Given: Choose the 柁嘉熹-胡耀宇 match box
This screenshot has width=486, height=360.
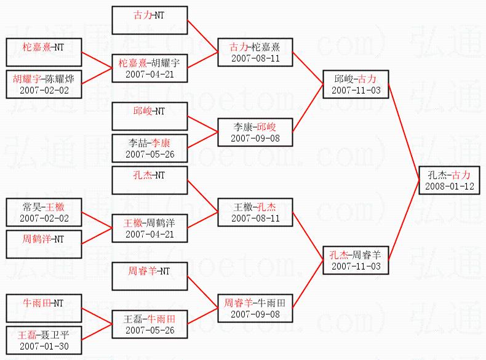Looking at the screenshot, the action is pyautogui.click(x=149, y=68).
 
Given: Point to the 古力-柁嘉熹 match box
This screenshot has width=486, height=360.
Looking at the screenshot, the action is pyautogui.click(x=255, y=52).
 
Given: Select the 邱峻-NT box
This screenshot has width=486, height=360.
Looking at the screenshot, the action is pyautogui.click(x=149, y=116).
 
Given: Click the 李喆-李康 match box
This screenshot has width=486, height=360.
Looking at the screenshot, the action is pyautogui.click(x=149, y=148).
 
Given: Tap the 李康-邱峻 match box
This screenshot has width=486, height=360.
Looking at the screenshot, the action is pyautogui.click(x=255, y=132).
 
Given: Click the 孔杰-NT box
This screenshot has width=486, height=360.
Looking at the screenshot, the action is pyautogui.click(x=149, y=180).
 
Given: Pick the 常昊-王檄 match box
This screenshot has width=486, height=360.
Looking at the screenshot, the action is pyautogui.click(x=44, y=212).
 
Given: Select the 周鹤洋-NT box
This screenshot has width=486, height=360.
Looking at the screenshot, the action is pyautogui.click(x=44, y=244).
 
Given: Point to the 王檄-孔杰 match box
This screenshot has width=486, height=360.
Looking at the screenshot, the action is pyautogui.click(x=255, y=212).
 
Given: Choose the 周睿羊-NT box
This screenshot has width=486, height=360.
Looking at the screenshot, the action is pyautogui.click(x=149, y=275).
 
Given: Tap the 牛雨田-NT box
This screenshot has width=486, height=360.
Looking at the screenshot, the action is pyautogui.click(x=44, y=308).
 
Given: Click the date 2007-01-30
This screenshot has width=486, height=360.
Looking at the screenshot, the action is pyautogui.click(x=44, y=346).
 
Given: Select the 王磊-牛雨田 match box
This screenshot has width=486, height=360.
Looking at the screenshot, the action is pyautogui.click(x=149, y=324).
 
